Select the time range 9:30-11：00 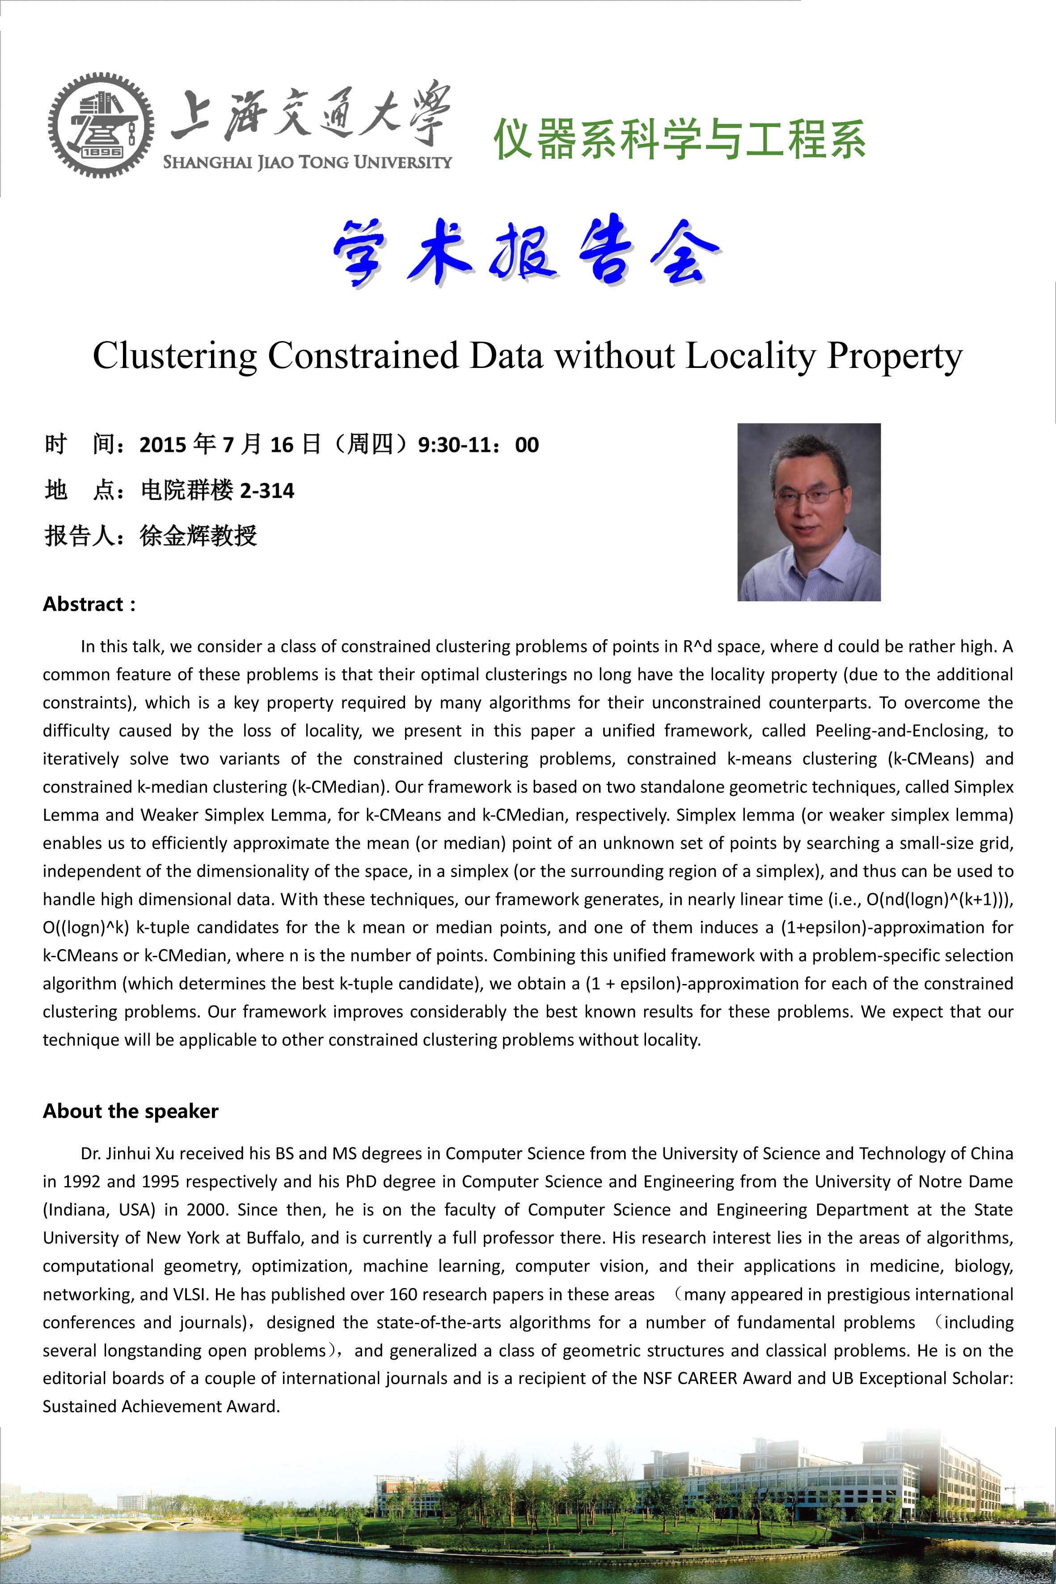pyautogui.click(x=478, y=445)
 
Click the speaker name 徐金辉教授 pyautogui.click(x=198, y=536)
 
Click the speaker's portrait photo pyautogui.click(x=809, y=512)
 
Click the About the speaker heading pyautogui.click(x=131, y=1111)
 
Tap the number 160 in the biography pyautogui.click(x=403, y=1294)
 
